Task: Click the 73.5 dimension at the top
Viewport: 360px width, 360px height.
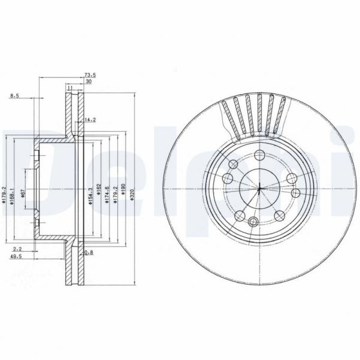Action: tap(87, 75)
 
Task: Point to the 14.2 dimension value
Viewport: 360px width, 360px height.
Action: tap(90, 119)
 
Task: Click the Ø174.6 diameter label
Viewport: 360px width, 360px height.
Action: tap(107, 193)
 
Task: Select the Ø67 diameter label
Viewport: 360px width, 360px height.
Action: tap(22, 195)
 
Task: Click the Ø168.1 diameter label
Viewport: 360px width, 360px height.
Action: tap(13, 193)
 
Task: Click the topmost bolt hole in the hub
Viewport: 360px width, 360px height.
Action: tap(259, 156)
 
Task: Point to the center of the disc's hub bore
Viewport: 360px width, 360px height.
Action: tap(259, 190)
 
